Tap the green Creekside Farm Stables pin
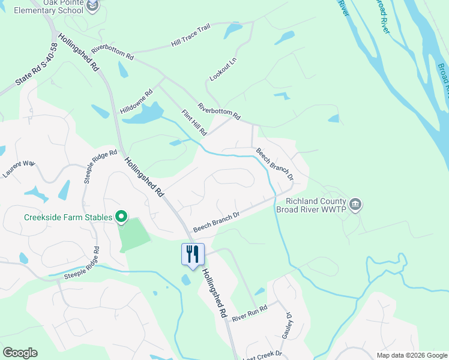click(121, 217)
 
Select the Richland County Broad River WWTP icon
click(355, 205)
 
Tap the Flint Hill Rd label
click(194, 122)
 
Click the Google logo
click(20, 353)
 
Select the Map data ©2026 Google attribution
click(412, 355)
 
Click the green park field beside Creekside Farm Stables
click(135, 235)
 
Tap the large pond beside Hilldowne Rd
click(144, 113)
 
